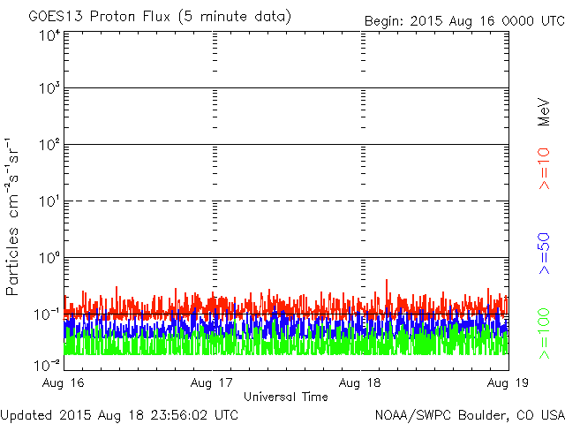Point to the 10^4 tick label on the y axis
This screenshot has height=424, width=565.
tap(48, 34)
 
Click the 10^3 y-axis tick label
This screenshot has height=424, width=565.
tap(48, 89)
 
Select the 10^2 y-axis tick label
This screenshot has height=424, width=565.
tap(48, 146)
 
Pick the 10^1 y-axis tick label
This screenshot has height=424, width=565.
tap(48, 202)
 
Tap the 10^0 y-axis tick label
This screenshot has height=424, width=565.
tap(48, 259)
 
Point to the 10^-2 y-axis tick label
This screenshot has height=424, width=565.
tap(46, 365)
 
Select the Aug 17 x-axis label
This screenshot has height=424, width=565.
tap(213, 383)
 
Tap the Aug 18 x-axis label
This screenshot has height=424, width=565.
tap(360, 383)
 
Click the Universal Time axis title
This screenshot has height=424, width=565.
tap(286, 397)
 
